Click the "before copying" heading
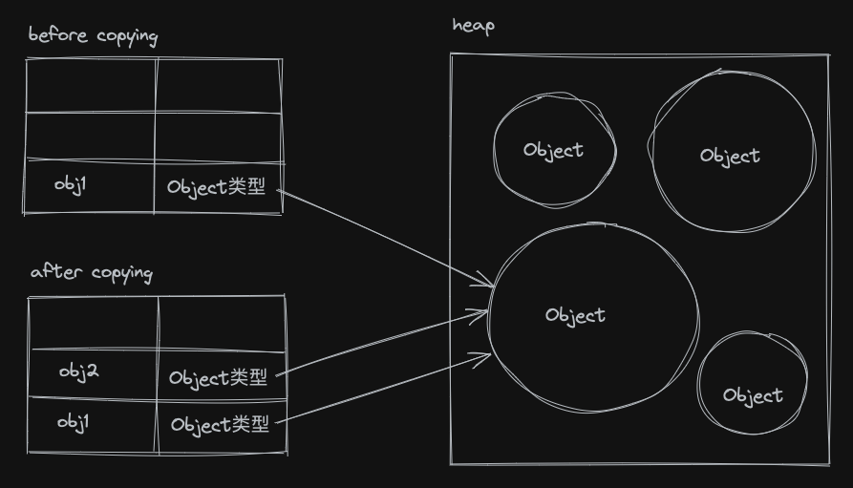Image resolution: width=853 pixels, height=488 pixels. click(x=93, y=36)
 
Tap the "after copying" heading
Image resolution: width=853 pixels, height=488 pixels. click(x=91, y=272)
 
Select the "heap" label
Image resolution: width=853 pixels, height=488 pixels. click(x=473, y=25)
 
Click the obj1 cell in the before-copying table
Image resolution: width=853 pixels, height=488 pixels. click(x=71, y=183)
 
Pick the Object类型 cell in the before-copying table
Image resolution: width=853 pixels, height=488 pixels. click(x=217, y=187)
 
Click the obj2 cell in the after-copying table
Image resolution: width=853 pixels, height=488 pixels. click(x=78, y=371)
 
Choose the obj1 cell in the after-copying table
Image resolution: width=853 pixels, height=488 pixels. click(x=74, y=421)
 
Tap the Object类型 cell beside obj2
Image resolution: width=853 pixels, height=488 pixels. click(x=219, y=378)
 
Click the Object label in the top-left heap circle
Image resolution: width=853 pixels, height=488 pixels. click(x=553, y=150)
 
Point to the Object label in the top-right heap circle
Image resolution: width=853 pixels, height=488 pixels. click(x=730, y=156)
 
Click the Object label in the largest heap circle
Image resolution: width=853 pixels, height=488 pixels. click(x=575, y=315)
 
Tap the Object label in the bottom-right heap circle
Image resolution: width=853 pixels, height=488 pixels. click(x=753, y=395)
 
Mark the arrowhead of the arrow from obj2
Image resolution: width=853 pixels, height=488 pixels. click(x=485, y=313)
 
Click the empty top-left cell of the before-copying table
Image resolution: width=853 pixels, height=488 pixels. click(x=90, y=86)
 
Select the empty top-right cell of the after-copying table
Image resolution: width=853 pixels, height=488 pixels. click(x=222, y=323)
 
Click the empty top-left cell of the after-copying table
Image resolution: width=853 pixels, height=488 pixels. click(x=94, y=323)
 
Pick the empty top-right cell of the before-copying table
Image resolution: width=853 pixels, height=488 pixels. click(x=219, y=86)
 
